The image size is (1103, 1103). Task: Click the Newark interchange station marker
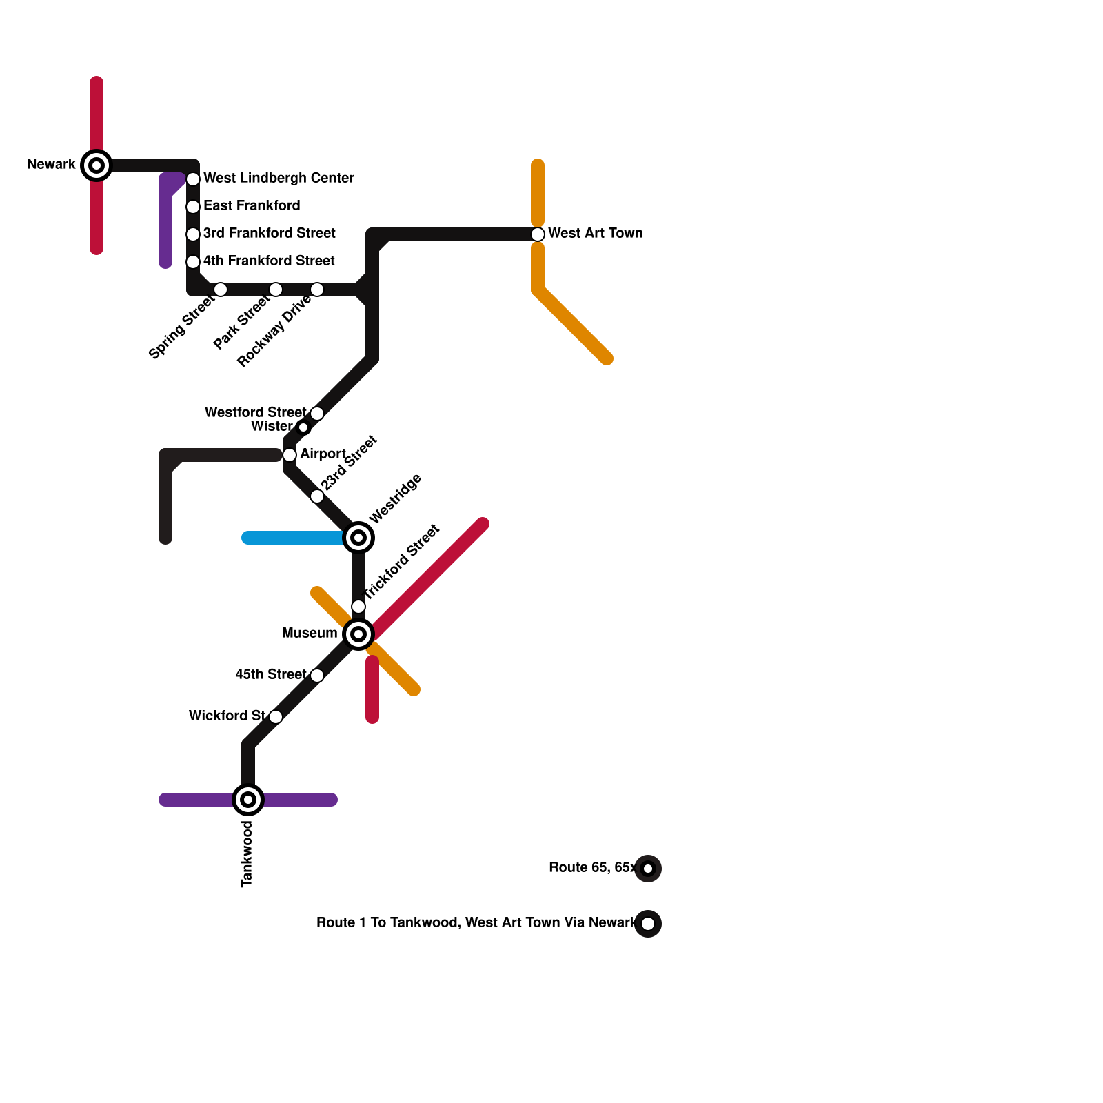pyautogui.click(x=97, y=165)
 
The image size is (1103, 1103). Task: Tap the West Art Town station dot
pyautogui.click(x=538, y=234)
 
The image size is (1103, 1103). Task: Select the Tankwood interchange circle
pyautogui.click(x=248, y=800)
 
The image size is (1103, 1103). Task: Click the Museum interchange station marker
pyautogui.click(x=358, y=634)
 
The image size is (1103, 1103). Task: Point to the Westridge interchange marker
pyautogui.click(x=358, y=538)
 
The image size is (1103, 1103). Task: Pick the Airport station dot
pyautogui.click(x=290, y=455)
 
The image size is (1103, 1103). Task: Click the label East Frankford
pyautogui.click(x=252, y=205)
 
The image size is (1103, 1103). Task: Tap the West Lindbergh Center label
pyautogui.click(x=279, y=178)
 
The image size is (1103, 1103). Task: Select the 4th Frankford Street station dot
pyautogui.click(x=193, y=262)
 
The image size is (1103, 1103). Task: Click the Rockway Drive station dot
pyautogui.click(x=317, y=290)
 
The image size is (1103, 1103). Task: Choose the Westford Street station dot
pyautogui.click(x=317, y=414)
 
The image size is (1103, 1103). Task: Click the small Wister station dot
pyautogui.click(x=303, y=427)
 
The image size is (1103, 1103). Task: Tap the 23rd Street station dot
pyautogui.click(x=317, y=496)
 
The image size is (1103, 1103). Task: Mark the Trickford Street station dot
pyautogui.click(x=358, y=607)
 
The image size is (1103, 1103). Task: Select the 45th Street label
pyautogui.click(x=271, y=674)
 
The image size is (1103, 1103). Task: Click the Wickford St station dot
pyautogui.click(x=276, y=717)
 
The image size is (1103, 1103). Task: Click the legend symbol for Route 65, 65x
pyautogui.click(x=648, y=869)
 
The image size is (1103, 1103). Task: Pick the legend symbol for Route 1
pyautogui.click(x=648, y=924)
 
